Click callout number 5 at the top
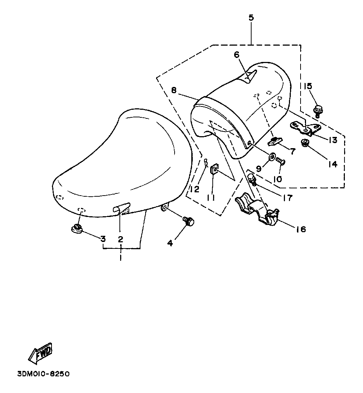coord(251,17)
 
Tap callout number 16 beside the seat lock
coord(301,229)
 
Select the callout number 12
coord(195,189)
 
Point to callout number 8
coord(174,90)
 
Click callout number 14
coord(333,164)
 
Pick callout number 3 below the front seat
coord(103,239)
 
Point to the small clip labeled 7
coord(276,140)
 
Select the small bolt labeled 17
coord(253,179)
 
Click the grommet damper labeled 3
coord(77,229)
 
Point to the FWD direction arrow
coord(41,352)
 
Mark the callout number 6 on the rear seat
coord(237,55)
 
